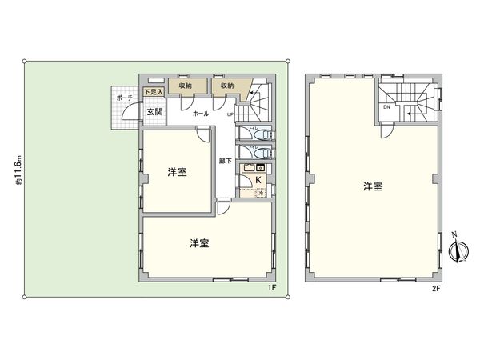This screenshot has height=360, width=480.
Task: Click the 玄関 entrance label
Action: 154,110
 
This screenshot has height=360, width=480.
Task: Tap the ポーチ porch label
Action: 124,98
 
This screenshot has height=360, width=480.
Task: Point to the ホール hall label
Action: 201,114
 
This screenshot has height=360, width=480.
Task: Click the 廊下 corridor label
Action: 226,162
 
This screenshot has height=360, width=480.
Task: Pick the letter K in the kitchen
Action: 258,180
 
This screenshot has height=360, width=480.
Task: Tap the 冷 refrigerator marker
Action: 260,194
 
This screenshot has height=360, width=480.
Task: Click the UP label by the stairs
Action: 230,114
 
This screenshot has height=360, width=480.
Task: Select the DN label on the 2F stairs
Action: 386,106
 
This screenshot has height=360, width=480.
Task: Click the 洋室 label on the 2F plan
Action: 372,187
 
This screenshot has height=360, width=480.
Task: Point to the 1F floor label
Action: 271,287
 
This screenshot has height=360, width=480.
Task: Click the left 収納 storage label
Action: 185,86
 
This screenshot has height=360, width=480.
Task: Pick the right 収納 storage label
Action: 226,86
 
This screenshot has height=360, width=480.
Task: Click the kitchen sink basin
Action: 248,168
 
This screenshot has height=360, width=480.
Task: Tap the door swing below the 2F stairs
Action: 387,132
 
